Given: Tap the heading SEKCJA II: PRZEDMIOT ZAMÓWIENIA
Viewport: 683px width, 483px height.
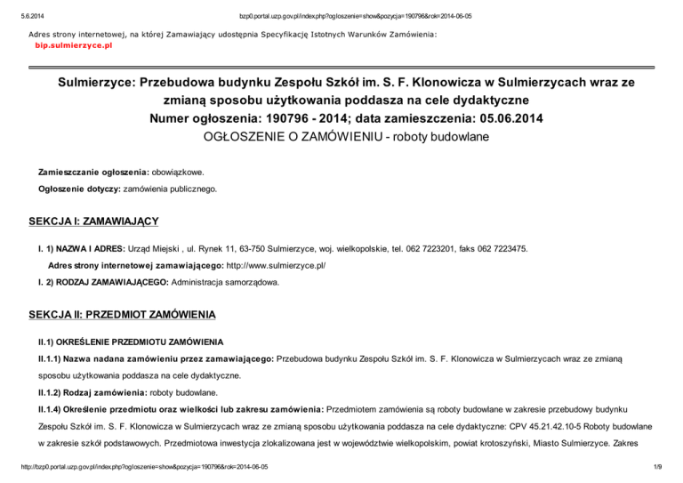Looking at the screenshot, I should click(120, 315).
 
